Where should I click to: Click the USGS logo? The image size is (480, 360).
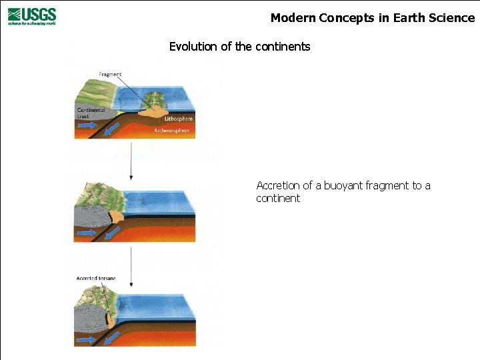[32, 16]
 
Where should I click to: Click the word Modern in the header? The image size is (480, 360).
[293, 18]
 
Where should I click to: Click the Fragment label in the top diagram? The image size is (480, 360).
[109, 74]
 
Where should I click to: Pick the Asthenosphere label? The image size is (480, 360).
[172, 131]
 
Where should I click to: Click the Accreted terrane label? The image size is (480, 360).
[96, 278]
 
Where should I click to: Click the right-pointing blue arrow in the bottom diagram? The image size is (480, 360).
[85, 340]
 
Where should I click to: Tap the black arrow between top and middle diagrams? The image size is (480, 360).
[131, 164]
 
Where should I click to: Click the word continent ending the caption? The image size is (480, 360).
[278, 199]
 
